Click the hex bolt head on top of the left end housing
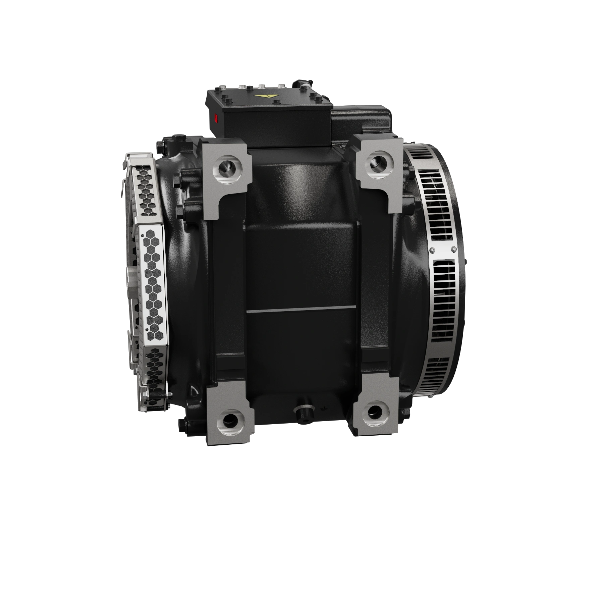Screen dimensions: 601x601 178,138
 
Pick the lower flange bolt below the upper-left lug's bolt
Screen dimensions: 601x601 180,211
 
